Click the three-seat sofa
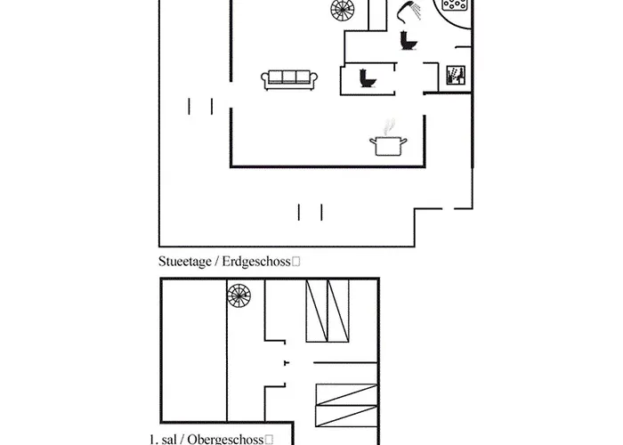click(289, 80)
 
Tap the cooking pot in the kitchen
click(388, 146)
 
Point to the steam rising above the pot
click(389, 126)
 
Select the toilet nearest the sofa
click(368, 78)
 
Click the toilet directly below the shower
click(408, 41)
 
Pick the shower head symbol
click(409, 11)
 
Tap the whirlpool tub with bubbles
click(454, 4)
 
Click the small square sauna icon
click(456, 75)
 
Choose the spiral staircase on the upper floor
click(239, 296)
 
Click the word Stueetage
click(185, 262)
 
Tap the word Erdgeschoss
click(256, 262)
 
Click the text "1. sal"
click(163, 439)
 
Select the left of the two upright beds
click(317, 311)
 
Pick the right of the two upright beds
click(338, 311)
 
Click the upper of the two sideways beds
click(346, 394)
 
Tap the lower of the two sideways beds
click(346, 416)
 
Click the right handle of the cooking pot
click(403, 141)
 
